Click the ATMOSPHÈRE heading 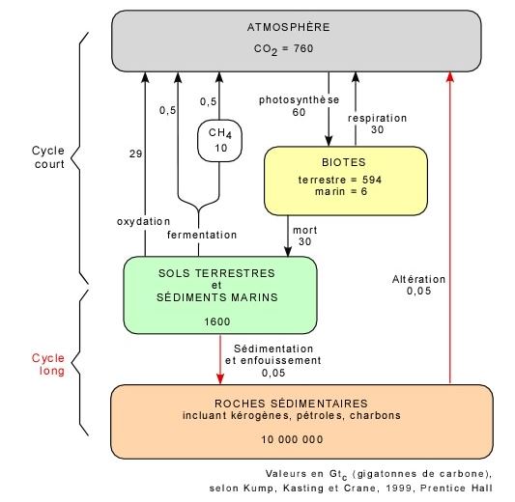pos(288,27)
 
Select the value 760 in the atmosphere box pos(303,48)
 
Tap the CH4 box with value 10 pos(219,141)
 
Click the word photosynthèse pos(299,99)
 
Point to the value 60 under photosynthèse pos(299,112)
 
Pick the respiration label pos(378,118)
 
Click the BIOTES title pos(344,162)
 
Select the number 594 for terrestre pos(372,180)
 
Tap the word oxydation pos(144,221)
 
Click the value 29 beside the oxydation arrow pos(135,153)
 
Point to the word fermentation pos(202,235)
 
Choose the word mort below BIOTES pos(304,230)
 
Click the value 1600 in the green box pos(217,321)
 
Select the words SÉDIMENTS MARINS pos(217,297)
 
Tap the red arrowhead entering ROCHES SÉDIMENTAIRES pos(220,379)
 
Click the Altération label pos(418,279)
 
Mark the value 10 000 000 pos(292,439)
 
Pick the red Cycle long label pos(48,364)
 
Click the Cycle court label pos(48,157)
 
